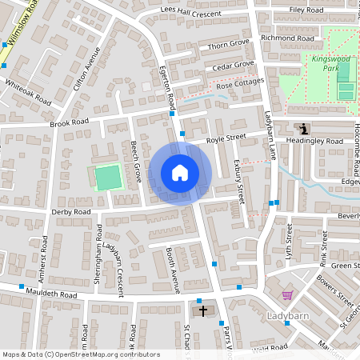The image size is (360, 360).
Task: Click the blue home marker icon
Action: point(180,173)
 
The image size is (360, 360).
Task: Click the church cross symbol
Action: point(202,310)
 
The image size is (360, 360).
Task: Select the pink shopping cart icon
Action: point(287,295)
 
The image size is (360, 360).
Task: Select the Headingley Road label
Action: point(316,141)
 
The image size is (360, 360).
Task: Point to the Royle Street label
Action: point(225,138)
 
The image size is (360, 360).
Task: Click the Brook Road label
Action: point(69,122)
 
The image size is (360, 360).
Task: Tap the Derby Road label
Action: point(70,212)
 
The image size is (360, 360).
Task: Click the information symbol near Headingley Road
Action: point(303,128)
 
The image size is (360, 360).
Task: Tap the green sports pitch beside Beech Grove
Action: point(107,177)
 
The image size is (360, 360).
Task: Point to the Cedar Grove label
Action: point(233,64)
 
